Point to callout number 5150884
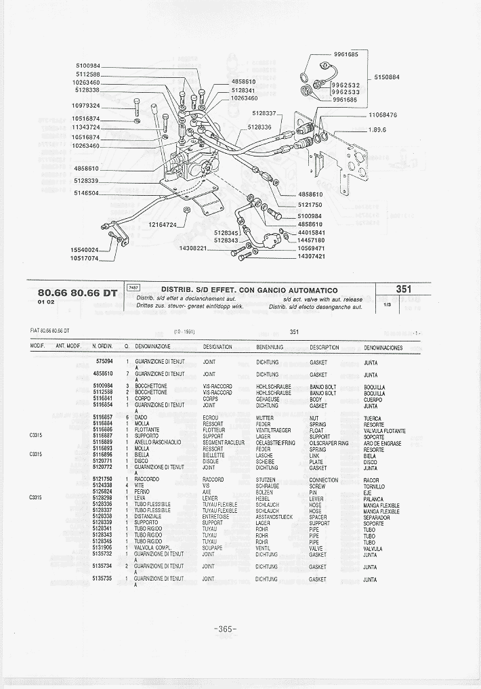click(387, 77)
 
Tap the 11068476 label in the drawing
click(383, 115)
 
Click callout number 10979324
click(86, 106)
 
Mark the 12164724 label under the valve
click(163, 225)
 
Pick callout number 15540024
click(85, 250)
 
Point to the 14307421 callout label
click(312, 256)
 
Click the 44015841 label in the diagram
click(312, 232)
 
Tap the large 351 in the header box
click(404, 289)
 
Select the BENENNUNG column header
click(269, 348)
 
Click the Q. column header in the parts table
click(127, 348)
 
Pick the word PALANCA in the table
click(373, 499)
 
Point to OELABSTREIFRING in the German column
click(276, 443)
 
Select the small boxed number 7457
click(133, 288)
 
